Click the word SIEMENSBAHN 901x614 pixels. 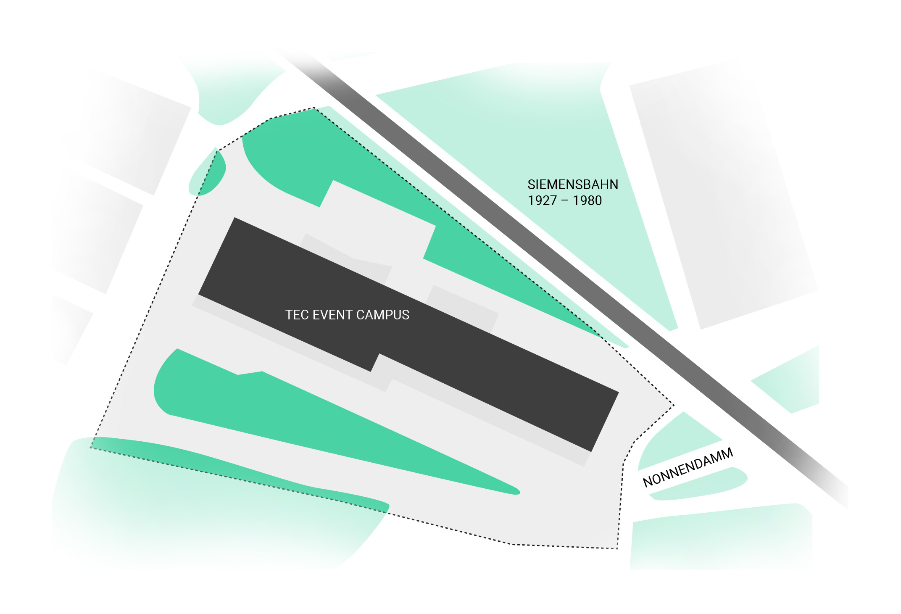tap(573, 184)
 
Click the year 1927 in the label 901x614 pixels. tap(542, 200)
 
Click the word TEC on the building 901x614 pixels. tap(295, 315)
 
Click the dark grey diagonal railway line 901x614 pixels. tap(563, 277)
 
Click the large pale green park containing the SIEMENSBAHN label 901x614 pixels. tap(525, 168)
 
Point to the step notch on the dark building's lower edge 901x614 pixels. tap(375, 362)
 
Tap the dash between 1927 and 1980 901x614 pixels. tap(565, 201)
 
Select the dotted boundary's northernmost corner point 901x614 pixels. tap(314, 108)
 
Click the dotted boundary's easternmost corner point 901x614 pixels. tap(674, 405)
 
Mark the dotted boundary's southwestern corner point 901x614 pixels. tap(90, 448)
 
